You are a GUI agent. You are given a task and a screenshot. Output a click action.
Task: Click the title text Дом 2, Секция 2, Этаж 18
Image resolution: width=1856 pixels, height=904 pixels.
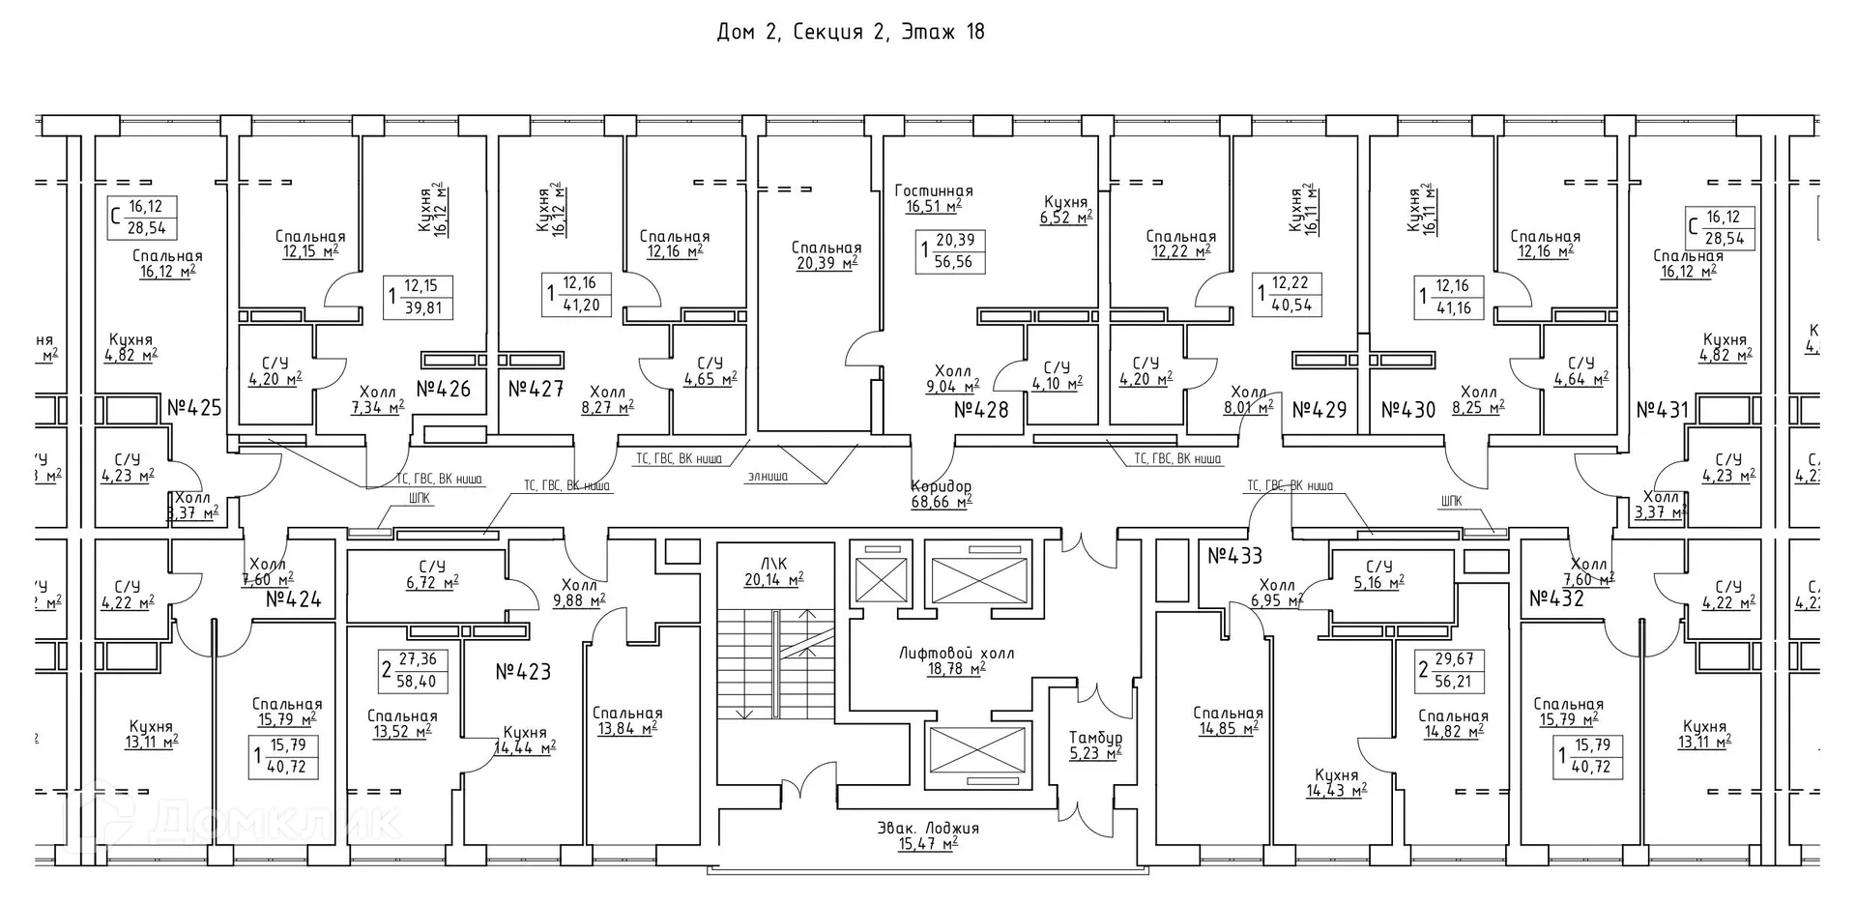850,32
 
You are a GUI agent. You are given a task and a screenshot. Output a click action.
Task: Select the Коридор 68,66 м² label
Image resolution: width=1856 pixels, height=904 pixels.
941,494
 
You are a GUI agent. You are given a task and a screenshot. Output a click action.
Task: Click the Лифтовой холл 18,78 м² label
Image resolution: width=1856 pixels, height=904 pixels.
956,660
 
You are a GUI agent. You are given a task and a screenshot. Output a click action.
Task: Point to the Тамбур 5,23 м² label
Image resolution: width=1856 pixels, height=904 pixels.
1095,745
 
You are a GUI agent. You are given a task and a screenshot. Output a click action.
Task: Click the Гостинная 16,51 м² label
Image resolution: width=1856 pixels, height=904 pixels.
933,198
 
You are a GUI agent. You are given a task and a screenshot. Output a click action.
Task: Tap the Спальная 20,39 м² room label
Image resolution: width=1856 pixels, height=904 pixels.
826,255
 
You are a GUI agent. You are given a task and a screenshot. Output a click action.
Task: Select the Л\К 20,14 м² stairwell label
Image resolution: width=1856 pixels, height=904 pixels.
773,571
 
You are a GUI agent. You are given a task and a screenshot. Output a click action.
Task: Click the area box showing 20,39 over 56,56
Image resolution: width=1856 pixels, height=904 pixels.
951,251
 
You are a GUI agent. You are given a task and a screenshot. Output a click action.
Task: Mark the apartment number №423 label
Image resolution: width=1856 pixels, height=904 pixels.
523,671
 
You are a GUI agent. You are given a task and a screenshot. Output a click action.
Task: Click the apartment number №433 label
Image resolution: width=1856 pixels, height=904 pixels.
1234,556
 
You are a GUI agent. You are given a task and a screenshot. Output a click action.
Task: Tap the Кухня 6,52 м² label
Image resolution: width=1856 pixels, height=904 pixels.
1065,210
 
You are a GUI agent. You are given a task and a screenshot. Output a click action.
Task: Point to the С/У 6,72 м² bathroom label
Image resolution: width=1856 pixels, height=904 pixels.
432,574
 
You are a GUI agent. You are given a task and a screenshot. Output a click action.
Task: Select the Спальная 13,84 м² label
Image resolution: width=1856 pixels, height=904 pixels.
627,721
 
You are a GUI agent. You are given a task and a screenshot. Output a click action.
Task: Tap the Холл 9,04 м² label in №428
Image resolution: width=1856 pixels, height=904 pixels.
952,378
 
